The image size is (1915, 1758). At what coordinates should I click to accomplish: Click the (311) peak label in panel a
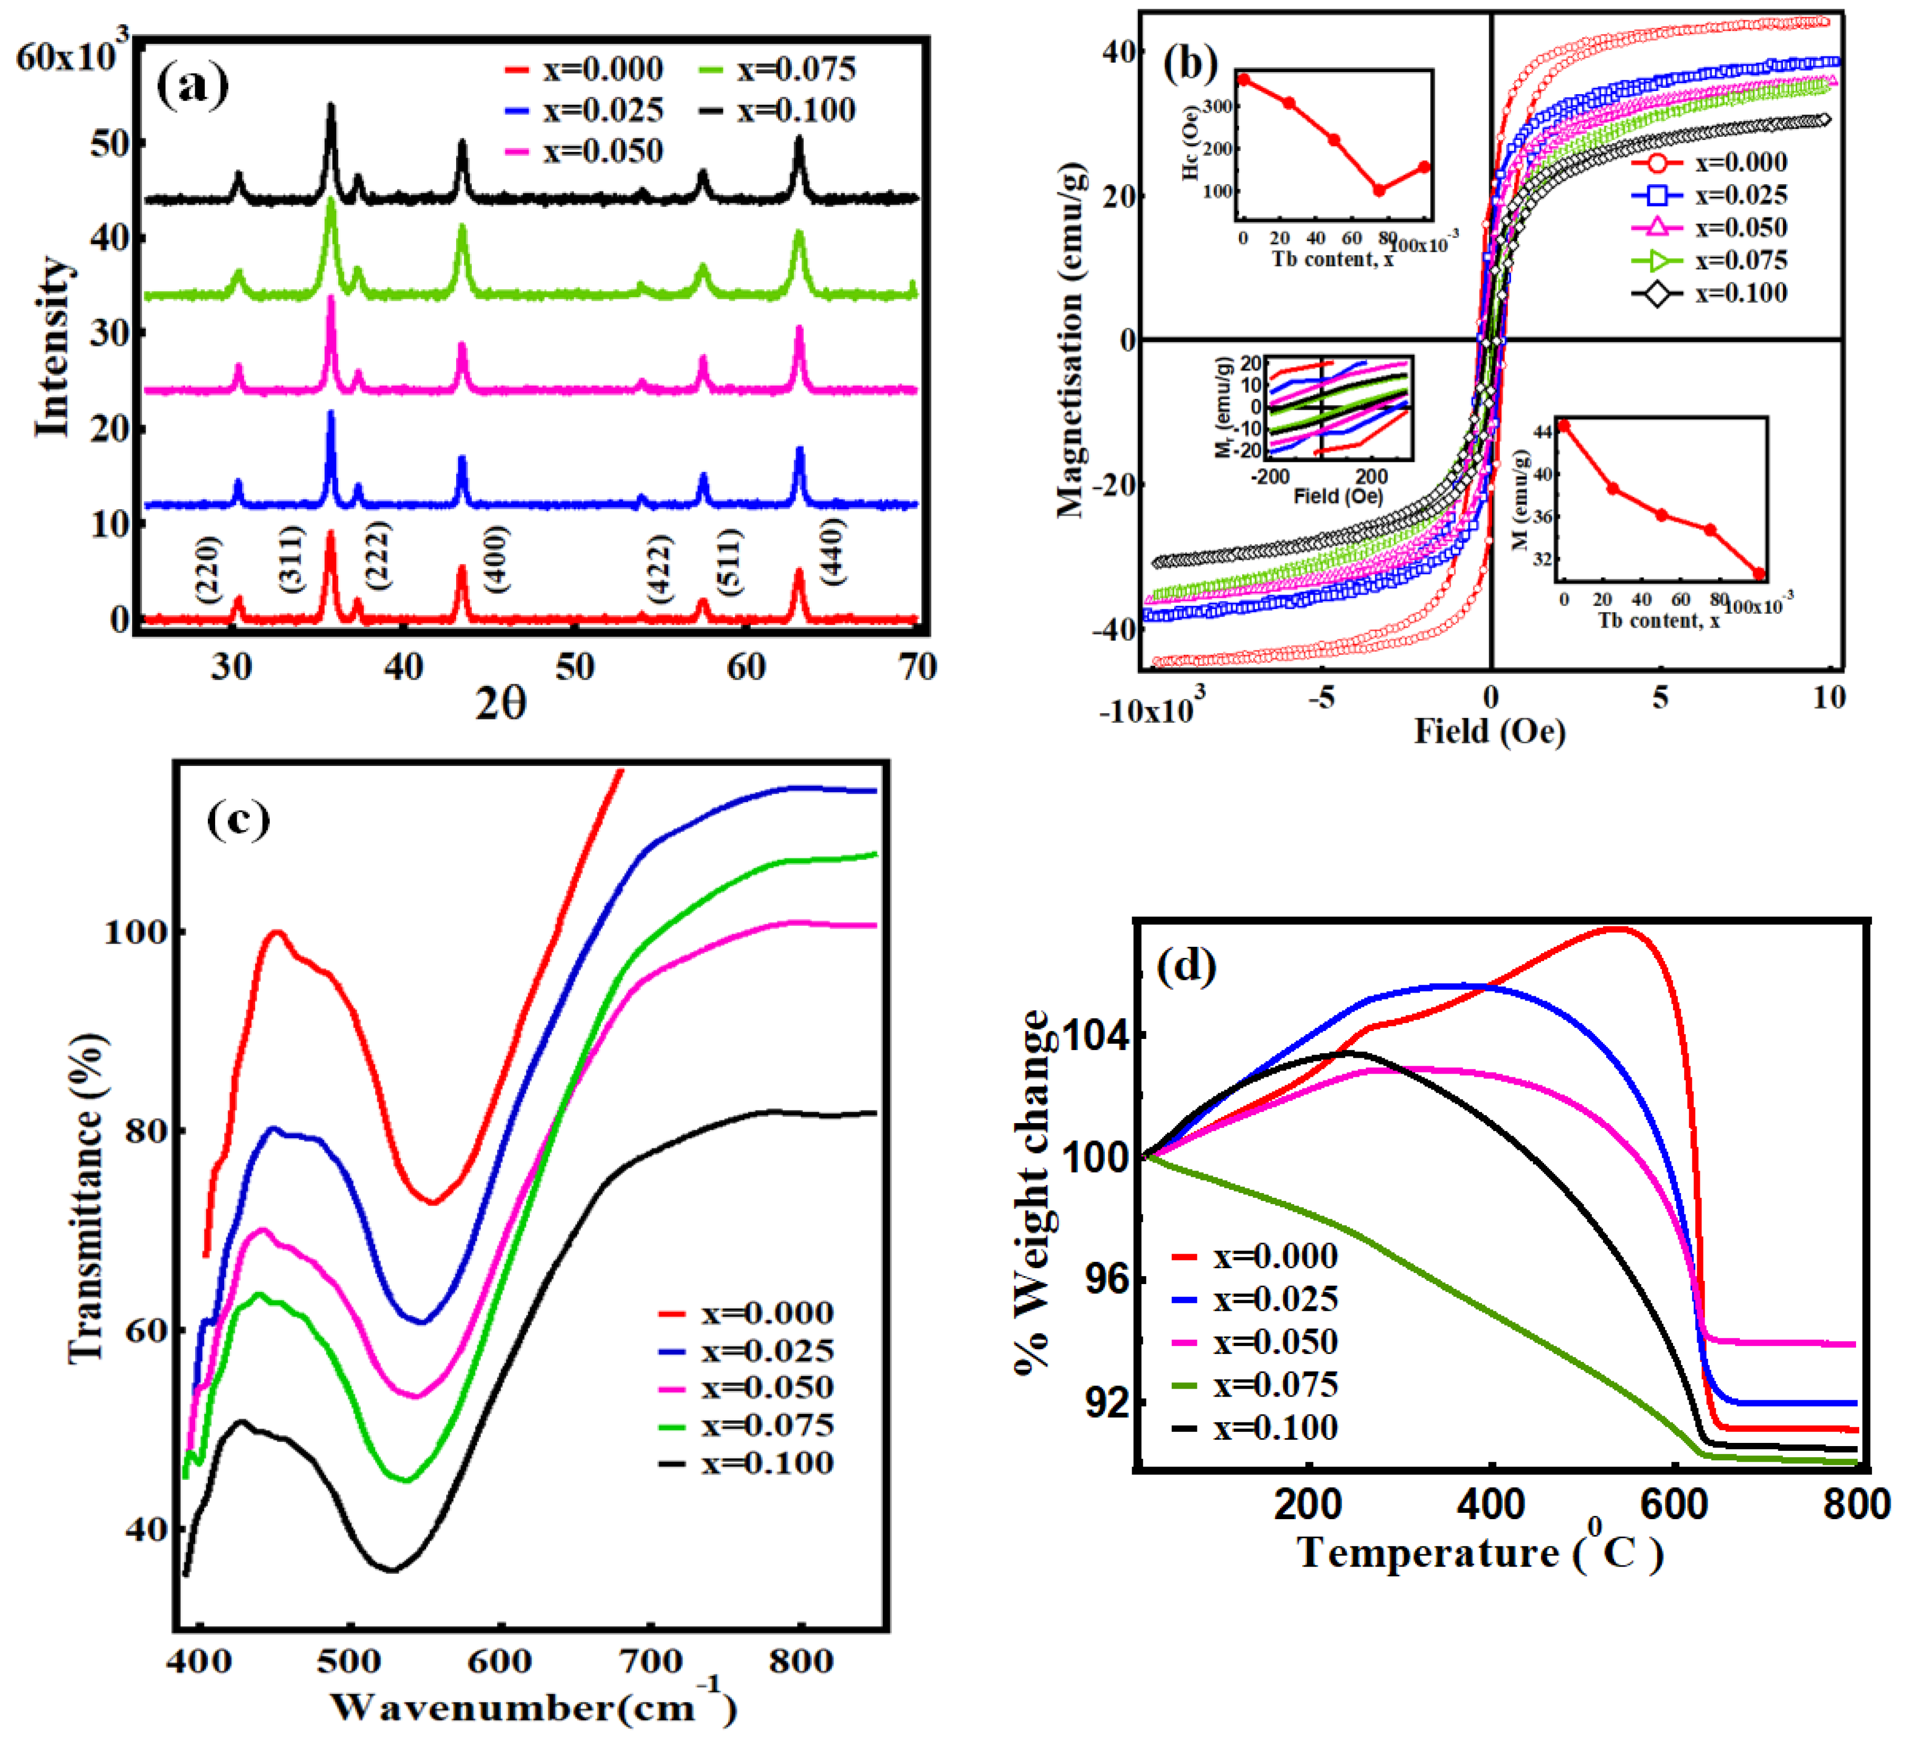pos(292,559)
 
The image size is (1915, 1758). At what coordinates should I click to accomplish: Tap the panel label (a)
pos(193,86)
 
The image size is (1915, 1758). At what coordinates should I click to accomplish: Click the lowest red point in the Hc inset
pos(1378,190)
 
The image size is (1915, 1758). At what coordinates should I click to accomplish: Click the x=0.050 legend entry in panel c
pos(747,1388)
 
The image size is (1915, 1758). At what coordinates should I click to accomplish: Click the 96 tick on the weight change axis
pos(1106,1279)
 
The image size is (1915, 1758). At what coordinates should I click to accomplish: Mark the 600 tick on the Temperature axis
pos(1675,1505)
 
